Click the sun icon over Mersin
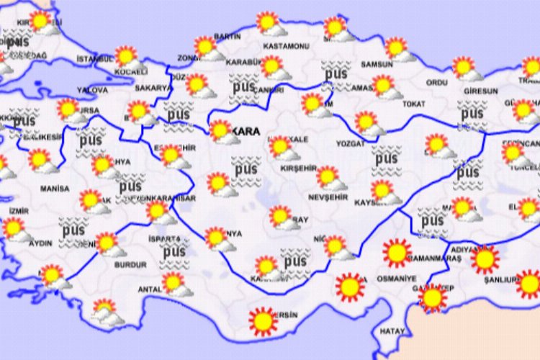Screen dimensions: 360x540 tap(263, 320)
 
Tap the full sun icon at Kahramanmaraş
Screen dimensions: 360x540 tap(397, 253)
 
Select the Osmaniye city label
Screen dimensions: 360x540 tap(401, 279)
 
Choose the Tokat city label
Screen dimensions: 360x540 tap(414, 104)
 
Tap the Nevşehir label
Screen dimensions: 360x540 tap(328, 197)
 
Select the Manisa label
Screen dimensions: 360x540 tap(55, 189)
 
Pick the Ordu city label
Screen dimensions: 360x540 tap(437, 83)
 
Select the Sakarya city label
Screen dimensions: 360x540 tap(152, 89)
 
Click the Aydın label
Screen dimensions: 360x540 tap(40, 243)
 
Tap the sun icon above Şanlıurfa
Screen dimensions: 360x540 tap(485, 258)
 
